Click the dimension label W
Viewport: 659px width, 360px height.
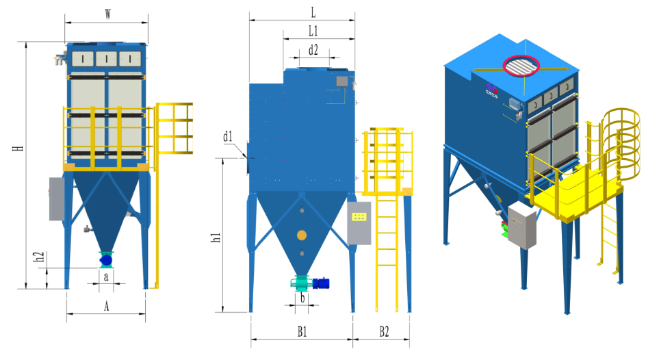[x=108, y=14]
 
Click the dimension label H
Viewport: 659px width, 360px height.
[x=18, y=149]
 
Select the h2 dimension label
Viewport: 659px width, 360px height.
[x=38, y=257]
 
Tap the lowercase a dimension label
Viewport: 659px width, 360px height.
[x=106, y=277]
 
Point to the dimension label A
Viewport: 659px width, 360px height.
[x=106, y=306]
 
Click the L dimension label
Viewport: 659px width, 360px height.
[x=313, y=12]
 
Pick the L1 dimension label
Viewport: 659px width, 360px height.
[x=313, y=31]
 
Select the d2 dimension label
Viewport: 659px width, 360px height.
[x=313, y=50]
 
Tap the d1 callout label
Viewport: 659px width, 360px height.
[x=227, y=136]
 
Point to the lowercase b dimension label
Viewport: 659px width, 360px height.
[x=302, y=298]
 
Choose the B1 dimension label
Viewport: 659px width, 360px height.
[x=302, y=332]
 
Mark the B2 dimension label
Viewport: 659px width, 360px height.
[x=384, y=332]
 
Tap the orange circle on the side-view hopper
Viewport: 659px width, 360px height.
[x=301, y=235]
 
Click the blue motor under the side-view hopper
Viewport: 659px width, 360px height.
[x=321, y=283]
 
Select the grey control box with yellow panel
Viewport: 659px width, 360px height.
[x=359, y=223]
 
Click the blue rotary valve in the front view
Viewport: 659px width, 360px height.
[x=106, y=261]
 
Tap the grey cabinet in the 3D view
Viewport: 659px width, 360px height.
[x=521, y=225]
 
